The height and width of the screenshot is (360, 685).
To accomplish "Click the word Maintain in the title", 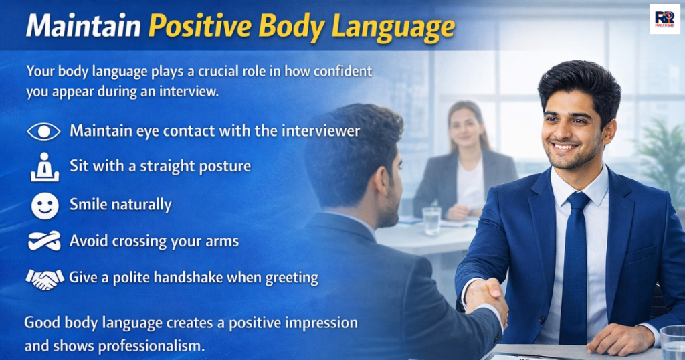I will (x=83, y=27).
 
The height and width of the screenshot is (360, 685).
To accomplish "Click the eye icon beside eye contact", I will (x=44, y=131).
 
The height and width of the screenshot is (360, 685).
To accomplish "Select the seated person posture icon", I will (x=44, y=167).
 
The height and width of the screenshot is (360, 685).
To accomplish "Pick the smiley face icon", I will (x=44, y=205).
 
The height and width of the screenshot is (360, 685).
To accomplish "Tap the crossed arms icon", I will (x=44, y=240).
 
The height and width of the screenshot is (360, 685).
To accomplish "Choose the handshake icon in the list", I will (x=44, y=277).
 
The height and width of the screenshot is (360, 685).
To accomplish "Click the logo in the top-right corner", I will (x=665, y=19).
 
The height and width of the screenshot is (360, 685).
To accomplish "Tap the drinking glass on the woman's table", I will (x=431, y=220).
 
